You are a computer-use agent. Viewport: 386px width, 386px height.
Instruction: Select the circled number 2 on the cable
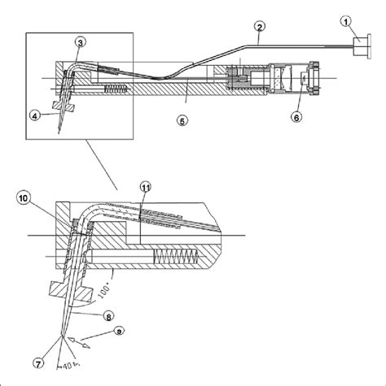258,28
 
